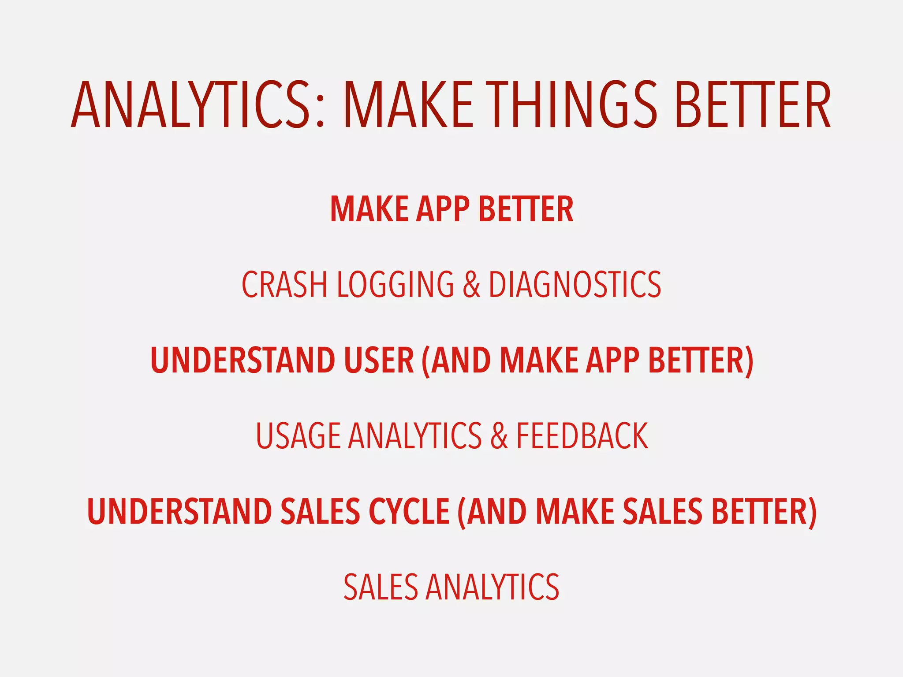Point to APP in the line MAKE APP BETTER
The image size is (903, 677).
(x=443, y=209)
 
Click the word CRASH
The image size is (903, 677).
(x=284, y=284)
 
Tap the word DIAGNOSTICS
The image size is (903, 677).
(x=575, y=284)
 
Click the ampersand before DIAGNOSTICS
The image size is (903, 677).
(x=471, y=285)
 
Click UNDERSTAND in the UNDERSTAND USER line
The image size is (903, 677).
(x=243, y=360)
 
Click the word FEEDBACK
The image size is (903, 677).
(x=582, y=436)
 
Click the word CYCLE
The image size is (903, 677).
(x=409, y=511)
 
